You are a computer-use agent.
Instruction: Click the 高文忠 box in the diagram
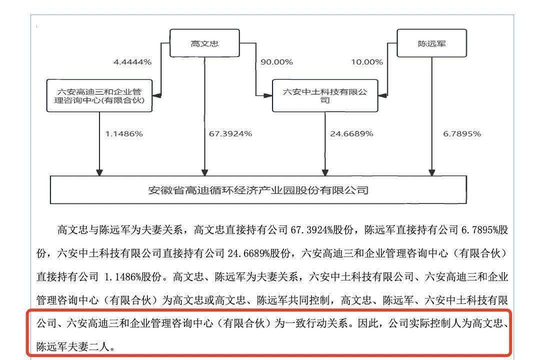tap(204, 43)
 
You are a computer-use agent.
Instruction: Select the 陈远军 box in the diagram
tap(431, 43)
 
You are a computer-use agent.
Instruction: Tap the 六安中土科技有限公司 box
tap(325, 95)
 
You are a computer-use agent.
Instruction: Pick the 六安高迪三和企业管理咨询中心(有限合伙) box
tap(99, 95)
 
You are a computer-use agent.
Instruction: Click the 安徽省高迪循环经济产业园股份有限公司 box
tap(258, 190)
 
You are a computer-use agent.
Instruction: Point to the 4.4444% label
tap(132, 62)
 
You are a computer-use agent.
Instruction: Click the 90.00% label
tap(276, 62)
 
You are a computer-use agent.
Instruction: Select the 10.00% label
tap(367, 62)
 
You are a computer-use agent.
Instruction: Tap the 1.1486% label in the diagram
tap(124, 133)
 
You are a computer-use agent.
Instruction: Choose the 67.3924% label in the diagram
tap(230, 133)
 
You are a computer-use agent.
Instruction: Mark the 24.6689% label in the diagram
tap(351, 133)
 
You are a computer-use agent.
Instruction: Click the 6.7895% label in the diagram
tap(462, 133)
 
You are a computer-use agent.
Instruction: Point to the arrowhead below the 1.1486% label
tap(99, 172)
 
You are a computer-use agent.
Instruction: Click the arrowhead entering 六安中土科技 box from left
tap(268, 95)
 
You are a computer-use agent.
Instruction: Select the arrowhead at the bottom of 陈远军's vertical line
tap(432, 172)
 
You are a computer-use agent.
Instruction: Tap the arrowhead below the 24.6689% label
tap(325, 172)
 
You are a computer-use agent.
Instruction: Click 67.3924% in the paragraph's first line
tap(311, 229)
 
